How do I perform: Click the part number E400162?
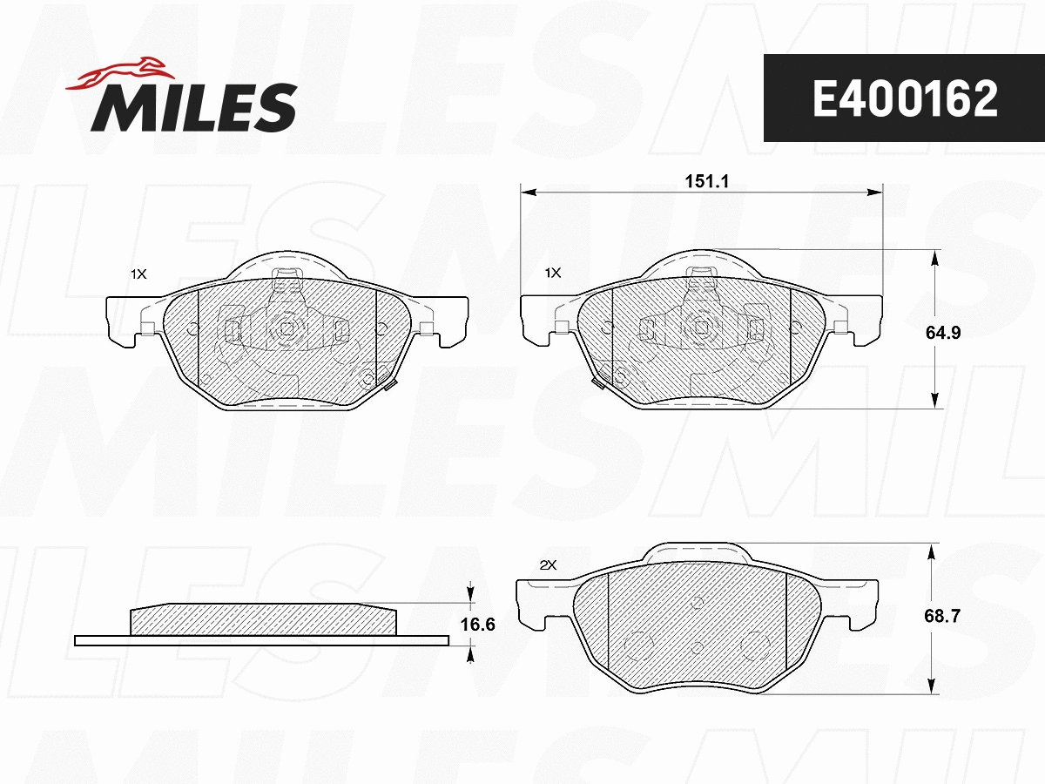tap(905, 98)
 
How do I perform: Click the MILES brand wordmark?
tap(194, 107)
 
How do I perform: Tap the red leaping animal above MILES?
tap(119, 73)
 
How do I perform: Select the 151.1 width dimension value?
tap(706, 181)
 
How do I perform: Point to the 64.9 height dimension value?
tap(943, 333)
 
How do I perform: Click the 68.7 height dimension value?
tap(942, 616)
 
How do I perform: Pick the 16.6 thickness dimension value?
tap(477, 624)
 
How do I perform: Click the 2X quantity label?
tap(548, 565)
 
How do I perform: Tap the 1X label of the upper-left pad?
tap(139, 274)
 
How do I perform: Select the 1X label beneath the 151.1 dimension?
tap(553, 273)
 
